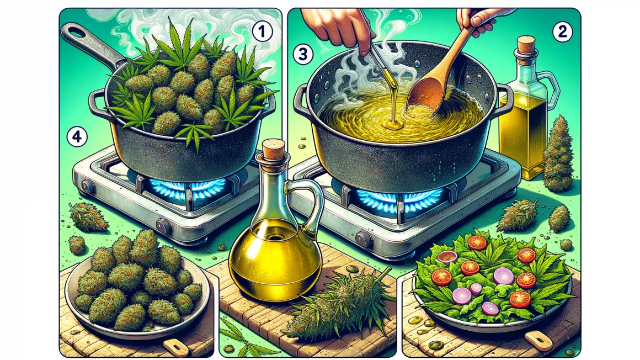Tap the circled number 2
pos(562,32)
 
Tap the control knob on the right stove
pos(363,239)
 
